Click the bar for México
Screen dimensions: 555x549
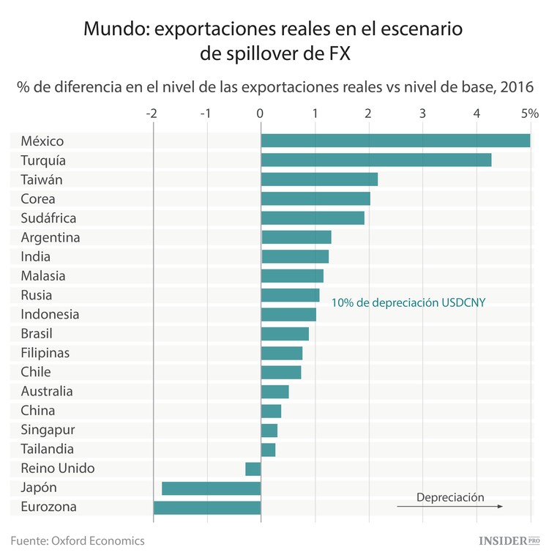(395, 141)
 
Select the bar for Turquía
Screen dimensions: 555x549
(376, 160)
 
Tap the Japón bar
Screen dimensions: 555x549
(211, 488)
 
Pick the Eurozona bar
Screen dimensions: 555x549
(207, 507)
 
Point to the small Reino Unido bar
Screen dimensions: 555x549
(253, 469)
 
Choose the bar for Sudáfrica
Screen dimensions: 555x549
(313, 218)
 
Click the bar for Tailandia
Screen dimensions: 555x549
(268, 450)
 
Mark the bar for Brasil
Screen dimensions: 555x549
(285, 334)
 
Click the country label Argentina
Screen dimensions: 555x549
(51, 237)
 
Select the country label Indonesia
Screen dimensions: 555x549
(50, 314)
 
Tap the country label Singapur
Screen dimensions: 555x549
(48, 430)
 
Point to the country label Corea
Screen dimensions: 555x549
(38, 199)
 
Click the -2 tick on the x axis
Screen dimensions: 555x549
(152, 114)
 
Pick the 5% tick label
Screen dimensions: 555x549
(529, 114)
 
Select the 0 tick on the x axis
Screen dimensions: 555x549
(260, 114)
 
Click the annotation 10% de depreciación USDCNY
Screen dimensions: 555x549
(408, 302)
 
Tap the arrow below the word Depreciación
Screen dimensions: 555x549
(450, 507)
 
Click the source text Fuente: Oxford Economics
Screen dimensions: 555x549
(78, 540)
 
